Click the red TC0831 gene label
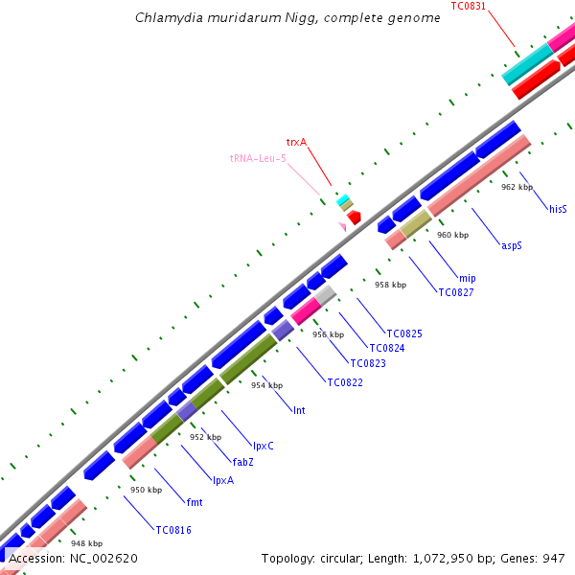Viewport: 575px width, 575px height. coord(468,6)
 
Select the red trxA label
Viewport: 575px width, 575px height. coord(296,142)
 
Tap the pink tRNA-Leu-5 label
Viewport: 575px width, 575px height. coord(258,158)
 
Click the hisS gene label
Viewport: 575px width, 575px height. coord(558,208)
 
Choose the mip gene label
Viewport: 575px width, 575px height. coord(467,278)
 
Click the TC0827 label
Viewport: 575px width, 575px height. coord(457,292)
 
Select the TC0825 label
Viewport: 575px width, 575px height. coord(404,333)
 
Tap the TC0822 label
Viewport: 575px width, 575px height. coord(345,382)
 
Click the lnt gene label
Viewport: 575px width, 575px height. coord(299,409)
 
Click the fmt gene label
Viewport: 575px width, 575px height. coord(195,501)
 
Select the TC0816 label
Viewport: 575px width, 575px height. coord(173,528)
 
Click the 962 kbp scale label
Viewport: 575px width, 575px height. coord(517,188)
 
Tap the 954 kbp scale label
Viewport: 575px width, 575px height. coord(266,385)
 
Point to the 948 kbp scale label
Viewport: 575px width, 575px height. coord(85,543)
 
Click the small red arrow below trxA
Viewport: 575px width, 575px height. coord(354,218)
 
